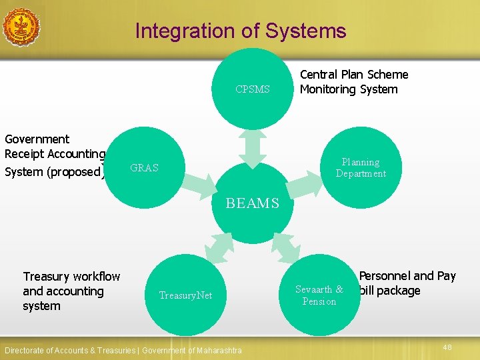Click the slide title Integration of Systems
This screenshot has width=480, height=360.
click(x=241, y=31)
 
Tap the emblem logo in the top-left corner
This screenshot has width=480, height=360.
click(x=20, y=26)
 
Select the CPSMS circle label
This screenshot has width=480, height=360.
click(x=253, y=89)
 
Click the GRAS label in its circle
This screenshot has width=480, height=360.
click(x=145, y=168)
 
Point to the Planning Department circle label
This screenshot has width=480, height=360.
click(x=361, y=168)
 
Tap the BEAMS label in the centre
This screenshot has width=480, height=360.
click(x=253, y=203)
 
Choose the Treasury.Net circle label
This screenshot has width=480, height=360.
click(x=185, y=295)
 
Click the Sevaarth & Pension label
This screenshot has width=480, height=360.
click(x=319, y=295)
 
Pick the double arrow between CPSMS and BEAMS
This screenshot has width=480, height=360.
click(x=253, y=148)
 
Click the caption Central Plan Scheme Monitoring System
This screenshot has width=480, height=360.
click(x=353, y=82)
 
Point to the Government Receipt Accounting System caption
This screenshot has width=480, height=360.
click(x=54, y=155)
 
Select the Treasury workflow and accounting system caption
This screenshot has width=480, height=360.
click(x=71, y=291)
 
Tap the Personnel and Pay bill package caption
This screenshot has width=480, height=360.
click(x=407, y=283)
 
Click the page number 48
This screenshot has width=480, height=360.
click(x=447, y=347)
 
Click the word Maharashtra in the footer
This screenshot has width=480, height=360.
click(x=220, y=351)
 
